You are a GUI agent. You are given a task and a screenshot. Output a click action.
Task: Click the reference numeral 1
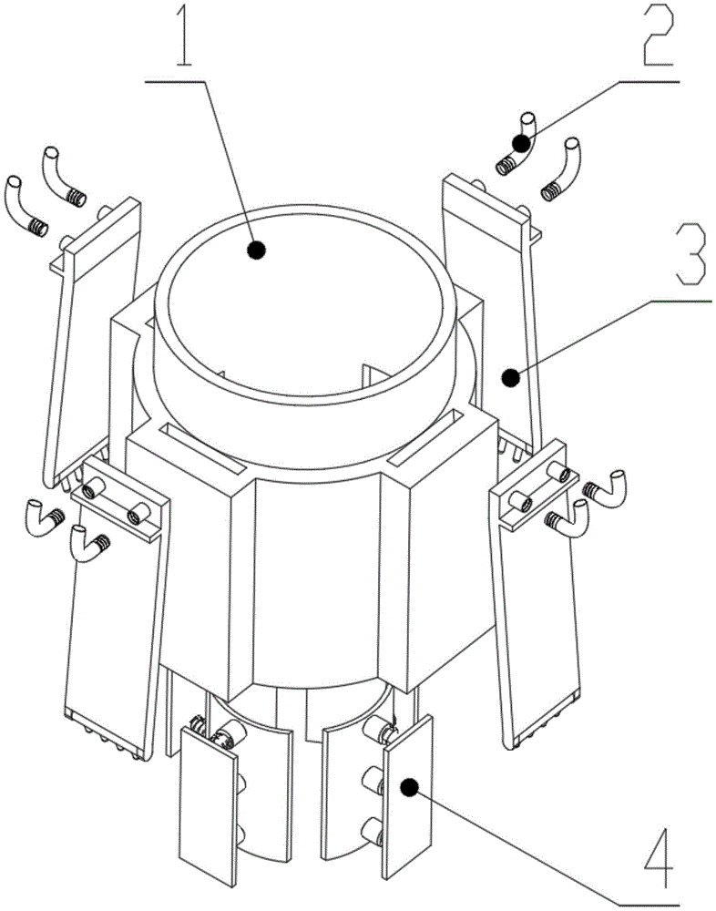(x=185, y=36)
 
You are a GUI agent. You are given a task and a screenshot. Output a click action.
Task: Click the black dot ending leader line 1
(x=256, y=251)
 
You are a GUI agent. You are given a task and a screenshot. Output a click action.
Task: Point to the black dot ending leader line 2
(x=521, y=143)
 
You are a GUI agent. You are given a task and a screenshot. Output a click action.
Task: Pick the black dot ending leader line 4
(x=410, y=787)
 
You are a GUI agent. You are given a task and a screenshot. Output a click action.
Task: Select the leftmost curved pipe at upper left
(x=25, y=207)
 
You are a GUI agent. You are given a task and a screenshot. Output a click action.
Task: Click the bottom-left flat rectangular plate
(x=210, y=814)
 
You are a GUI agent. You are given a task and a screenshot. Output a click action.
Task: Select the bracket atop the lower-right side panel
(x=535, y=485)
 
